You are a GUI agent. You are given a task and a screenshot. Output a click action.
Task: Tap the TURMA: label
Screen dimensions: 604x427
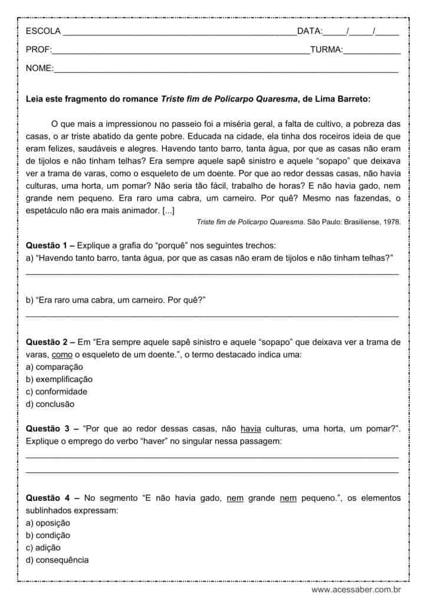pyautogui.click(x=326, y=50)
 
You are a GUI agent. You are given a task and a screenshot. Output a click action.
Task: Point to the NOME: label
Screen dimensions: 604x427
pyautogui.click(x=40, y=69)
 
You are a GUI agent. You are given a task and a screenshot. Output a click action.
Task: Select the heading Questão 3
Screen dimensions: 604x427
pyautogui.click(x=48, y=429)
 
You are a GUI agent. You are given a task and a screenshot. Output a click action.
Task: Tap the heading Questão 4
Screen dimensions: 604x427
pyautogui.click(x=48, y=498)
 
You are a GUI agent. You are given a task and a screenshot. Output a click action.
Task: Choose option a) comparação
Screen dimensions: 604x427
pyautogui.click(x=54, y=367)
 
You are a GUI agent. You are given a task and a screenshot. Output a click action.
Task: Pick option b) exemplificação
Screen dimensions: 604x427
pyautogui.click(x=59, y=379)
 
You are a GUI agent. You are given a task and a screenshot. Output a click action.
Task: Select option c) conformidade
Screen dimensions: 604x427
pyautogui.click(x=57, y=392)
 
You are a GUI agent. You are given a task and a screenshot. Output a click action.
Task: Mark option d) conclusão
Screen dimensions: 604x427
pyautogui.click(x=51, y=404)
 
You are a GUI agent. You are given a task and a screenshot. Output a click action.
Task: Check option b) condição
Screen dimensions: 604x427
pyautogui.click(x=48, y=535)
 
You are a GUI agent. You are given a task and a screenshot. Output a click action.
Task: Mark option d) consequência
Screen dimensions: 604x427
pyautogui.click(x=57, y=560)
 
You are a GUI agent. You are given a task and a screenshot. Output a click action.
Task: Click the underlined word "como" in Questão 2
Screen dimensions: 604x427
pyautogui.click(x=61, y=354)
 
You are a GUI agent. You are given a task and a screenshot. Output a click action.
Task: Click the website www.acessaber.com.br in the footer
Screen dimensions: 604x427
pyautogui.click(x=356, y=589)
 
